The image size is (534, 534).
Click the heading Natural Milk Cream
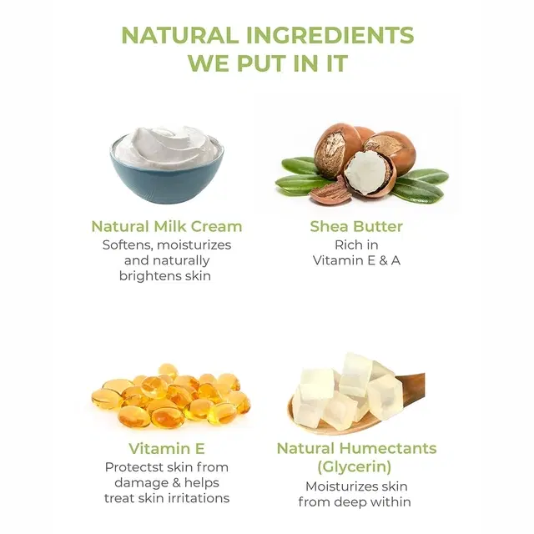coord(167,226)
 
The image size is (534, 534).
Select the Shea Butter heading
coord(356,226)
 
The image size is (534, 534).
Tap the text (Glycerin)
coord(356,466)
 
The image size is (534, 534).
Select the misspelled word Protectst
coord(137,467)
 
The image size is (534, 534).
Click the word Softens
coord(126,244)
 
